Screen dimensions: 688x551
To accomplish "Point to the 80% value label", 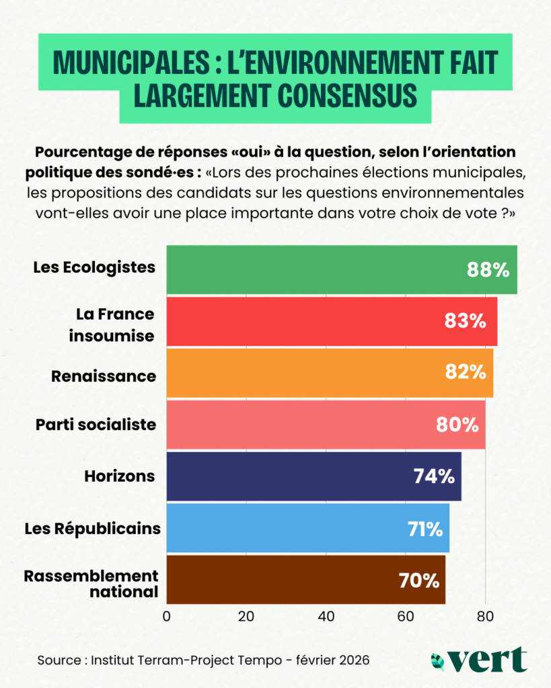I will pyautogui.click(x=457, y=425).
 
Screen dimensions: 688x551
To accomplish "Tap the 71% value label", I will pyautogui.click(x=425, y=528).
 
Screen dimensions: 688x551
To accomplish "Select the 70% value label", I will pyautogui.click(x=419, y=579).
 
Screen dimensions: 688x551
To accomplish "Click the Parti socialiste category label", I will pyautogui.click(x=96, y=425).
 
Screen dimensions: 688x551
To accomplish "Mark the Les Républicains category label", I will pyautogui.click(x=92, y=528).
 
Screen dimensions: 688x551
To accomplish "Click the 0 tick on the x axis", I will pyautogui.click(x=166, y=616).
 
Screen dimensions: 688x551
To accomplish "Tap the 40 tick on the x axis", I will pyautogui.click(x=326, y=616).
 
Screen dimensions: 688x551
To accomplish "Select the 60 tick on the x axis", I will pyautogui.click(x=405, y=616).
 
